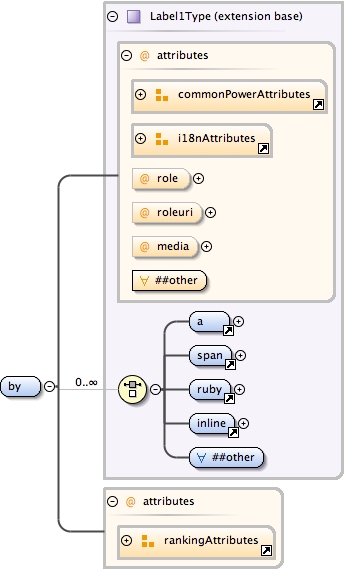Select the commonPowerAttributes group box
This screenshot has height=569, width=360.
[x=229, y=95]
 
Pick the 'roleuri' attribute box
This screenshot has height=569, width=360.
[x=166, y=212]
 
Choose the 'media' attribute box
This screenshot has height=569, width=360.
[x=164, y=246]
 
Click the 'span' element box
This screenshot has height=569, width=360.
[x=211, y=355]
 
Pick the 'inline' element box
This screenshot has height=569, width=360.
[x=213, y=423]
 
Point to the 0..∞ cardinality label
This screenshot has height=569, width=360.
[x=86, y=382]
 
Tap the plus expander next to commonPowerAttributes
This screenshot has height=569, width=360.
[x=140, y=95]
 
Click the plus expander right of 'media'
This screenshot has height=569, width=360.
[x=207, y=246]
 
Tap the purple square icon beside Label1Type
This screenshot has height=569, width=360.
[x=133, y=17]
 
